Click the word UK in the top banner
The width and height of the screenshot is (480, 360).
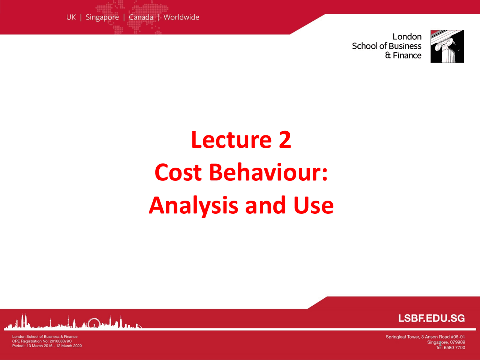click(71, 17)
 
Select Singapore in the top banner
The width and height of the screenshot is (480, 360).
click(102, 17)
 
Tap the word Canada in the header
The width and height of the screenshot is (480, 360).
click(141, 17)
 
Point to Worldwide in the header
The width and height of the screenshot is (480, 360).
click(181, 17)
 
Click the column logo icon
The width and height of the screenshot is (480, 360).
click(447, 46)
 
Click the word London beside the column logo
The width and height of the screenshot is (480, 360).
click(407, 37)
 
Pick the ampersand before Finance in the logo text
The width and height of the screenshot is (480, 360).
click(388, 55)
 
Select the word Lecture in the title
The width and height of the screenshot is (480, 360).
click(231, 139)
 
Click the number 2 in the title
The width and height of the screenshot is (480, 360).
click(285, 139)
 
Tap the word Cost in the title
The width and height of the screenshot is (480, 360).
click(178, 172)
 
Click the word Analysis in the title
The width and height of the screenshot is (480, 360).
click(193, 205)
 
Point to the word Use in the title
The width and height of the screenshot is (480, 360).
click(313, 205)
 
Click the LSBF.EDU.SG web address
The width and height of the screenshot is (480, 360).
click(431, 318)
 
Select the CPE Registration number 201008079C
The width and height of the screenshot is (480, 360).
click(60, 341)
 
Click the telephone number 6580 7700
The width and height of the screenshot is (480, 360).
click(455, 348)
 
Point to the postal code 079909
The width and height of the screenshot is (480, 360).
click(457, 342)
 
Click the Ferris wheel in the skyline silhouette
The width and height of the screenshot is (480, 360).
click(93, 323)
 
